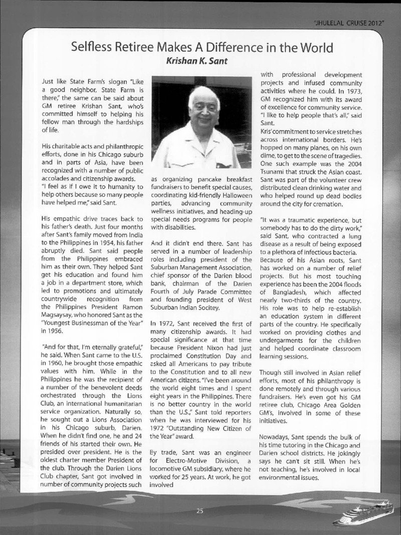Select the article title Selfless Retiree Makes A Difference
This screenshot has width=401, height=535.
tap(202, 48)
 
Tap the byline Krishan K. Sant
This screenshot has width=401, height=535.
tap(202, 63)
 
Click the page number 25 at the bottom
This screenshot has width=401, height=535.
tap(199, 511)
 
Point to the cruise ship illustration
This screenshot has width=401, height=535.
tap(363, 513)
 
